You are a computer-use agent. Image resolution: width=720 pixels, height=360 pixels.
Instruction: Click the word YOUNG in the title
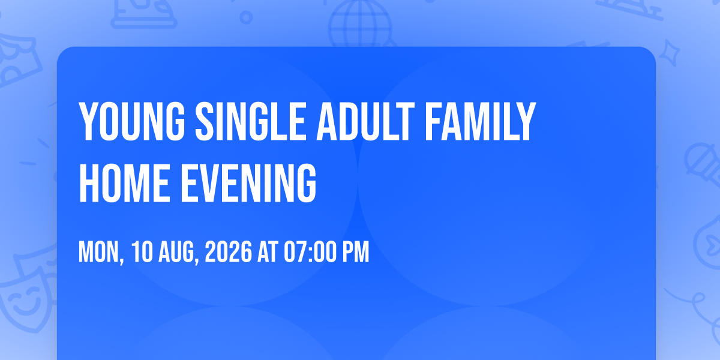click(132, 121)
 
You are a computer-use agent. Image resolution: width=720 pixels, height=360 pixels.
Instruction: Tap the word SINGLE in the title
click(250, 121)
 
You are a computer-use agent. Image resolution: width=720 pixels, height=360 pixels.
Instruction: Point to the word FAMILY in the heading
click(481, 121)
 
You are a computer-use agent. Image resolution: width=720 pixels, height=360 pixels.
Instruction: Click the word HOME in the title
click(124, 183)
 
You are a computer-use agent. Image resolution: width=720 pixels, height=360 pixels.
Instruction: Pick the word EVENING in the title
click(248, 183)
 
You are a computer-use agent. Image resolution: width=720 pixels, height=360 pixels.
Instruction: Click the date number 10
click(142, 252)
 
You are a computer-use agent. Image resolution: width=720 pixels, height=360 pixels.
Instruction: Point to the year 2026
click(228, 252)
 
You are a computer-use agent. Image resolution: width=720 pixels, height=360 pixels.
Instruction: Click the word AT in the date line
click(268, 252)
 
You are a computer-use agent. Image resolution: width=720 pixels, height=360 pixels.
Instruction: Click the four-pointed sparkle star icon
click(669, 53)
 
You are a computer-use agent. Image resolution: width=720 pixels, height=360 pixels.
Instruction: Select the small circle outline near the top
click(246, 17)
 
